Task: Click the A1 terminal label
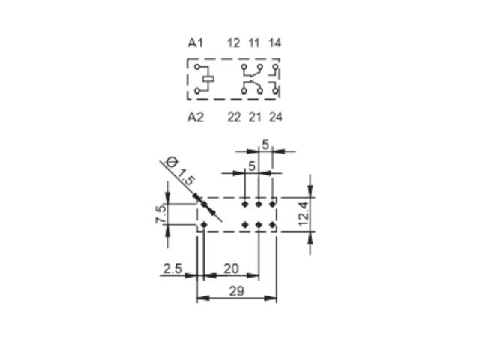click(195, 43)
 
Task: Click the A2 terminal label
click(195, 117)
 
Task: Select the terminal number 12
click(233, 43)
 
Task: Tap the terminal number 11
click(254, 43)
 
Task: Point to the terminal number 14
click(274, 43)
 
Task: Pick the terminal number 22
click(234, 117)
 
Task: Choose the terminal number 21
click(255, 117)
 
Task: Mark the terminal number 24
click(276, 117)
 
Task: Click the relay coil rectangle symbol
click(208, 79)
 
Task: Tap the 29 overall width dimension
click(237, 291)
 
